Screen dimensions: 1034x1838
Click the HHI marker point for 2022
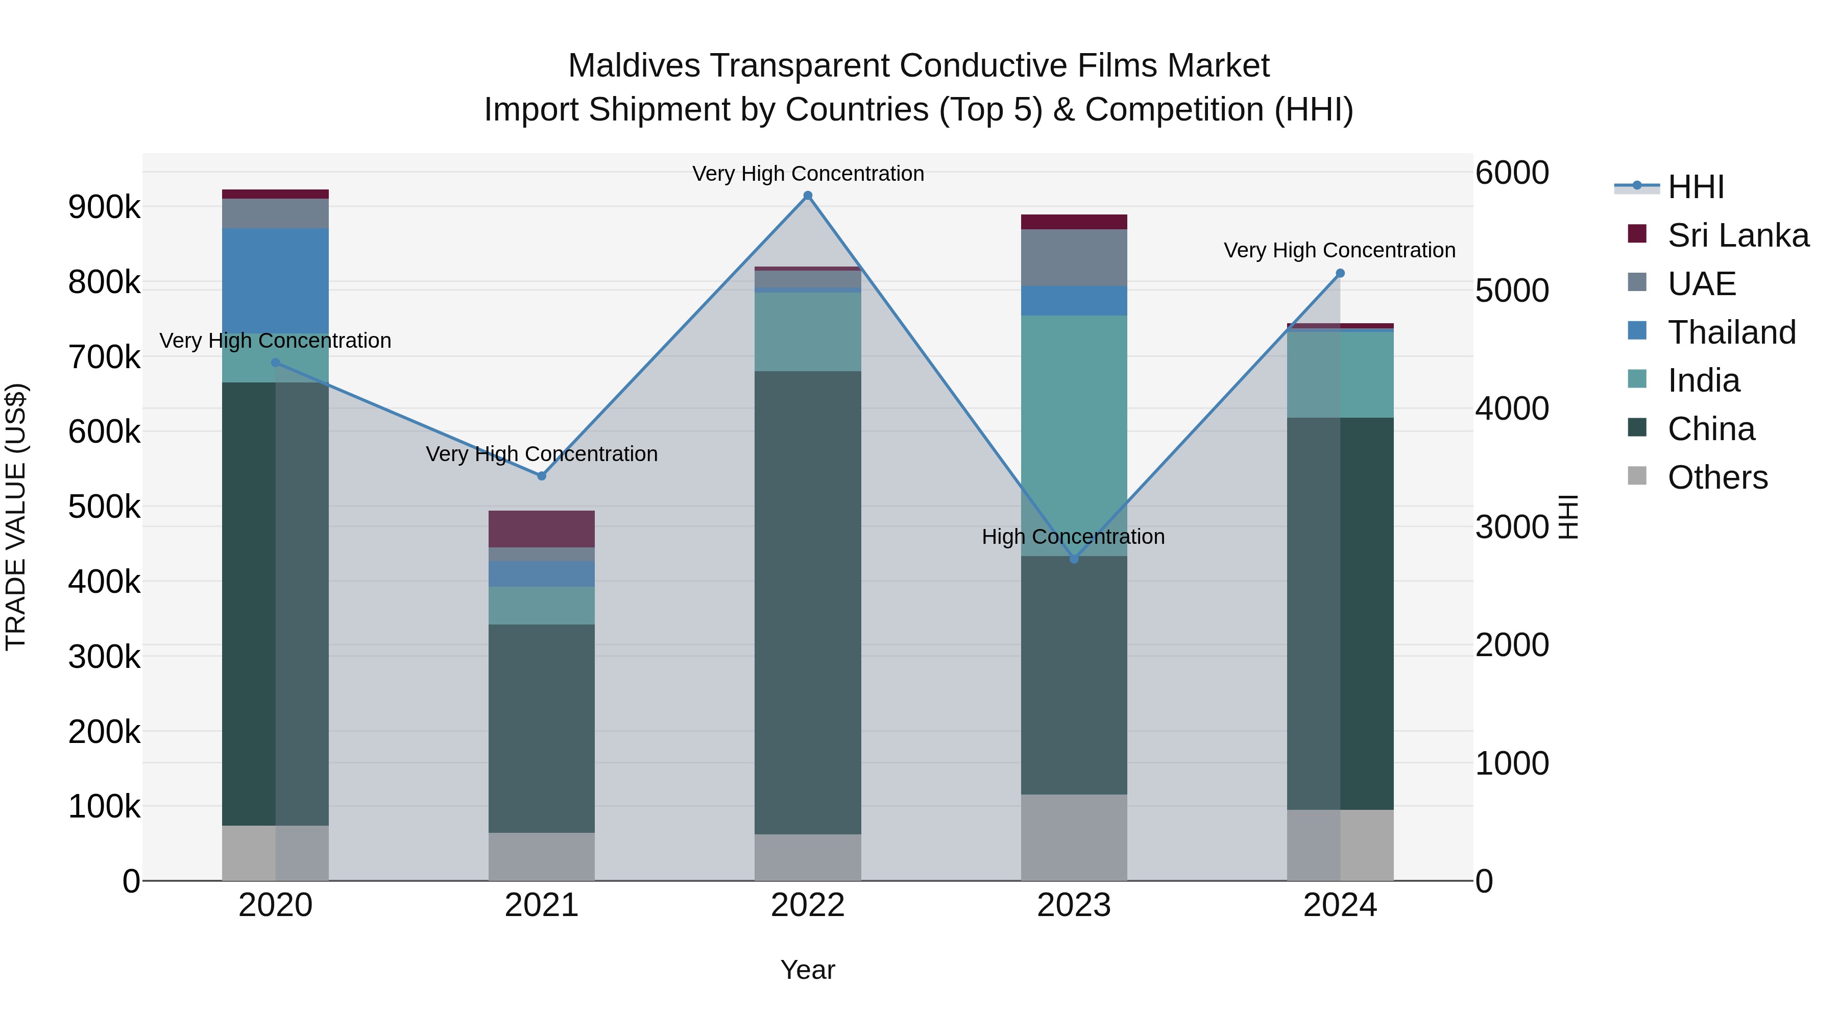808,196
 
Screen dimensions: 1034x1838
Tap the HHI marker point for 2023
1074,559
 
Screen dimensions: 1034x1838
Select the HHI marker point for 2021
542,476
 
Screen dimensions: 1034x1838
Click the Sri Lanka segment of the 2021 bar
542,529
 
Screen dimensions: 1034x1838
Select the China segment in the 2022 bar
808,603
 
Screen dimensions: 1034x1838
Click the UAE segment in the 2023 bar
1074,258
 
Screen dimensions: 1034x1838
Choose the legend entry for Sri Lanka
1737,235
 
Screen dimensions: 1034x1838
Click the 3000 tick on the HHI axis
1511,527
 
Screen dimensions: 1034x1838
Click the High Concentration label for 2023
1073,537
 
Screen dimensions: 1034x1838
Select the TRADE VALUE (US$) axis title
16,517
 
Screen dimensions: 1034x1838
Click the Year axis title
807,970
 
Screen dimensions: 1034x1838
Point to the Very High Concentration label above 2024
1339,251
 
